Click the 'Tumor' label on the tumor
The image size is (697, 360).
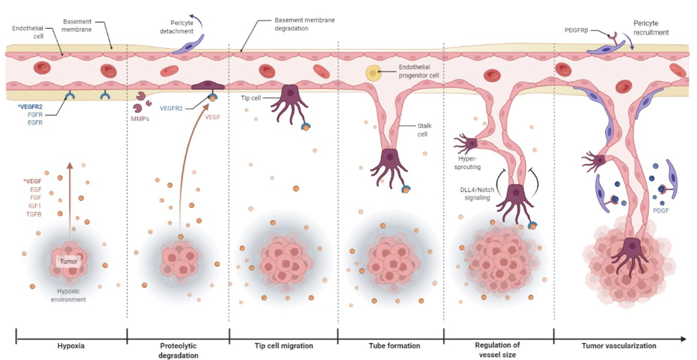(69, 261)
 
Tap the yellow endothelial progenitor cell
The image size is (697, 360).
(373, 73)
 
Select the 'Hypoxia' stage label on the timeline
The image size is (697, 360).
(71, 346)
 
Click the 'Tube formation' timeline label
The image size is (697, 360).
(395, 346)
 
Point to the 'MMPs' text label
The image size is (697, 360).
(140, 119)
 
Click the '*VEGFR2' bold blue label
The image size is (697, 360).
(30, 107)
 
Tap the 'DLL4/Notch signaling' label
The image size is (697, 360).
(477, 194)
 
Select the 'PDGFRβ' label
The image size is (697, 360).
(576, 30)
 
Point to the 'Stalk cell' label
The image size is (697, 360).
(424, 130)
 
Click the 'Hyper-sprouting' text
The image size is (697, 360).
(467, 163)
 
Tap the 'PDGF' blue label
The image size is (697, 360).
(661, 211)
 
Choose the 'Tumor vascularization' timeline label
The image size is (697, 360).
(619, 346)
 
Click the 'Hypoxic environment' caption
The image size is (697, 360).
(68, 295)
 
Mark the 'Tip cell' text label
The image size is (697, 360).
(251, 98)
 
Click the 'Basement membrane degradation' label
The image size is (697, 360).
(305, 24)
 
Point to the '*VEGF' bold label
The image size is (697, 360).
(32, 181)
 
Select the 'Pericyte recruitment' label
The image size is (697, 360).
(651, 28)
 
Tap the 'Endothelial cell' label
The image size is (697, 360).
(28, 32)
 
